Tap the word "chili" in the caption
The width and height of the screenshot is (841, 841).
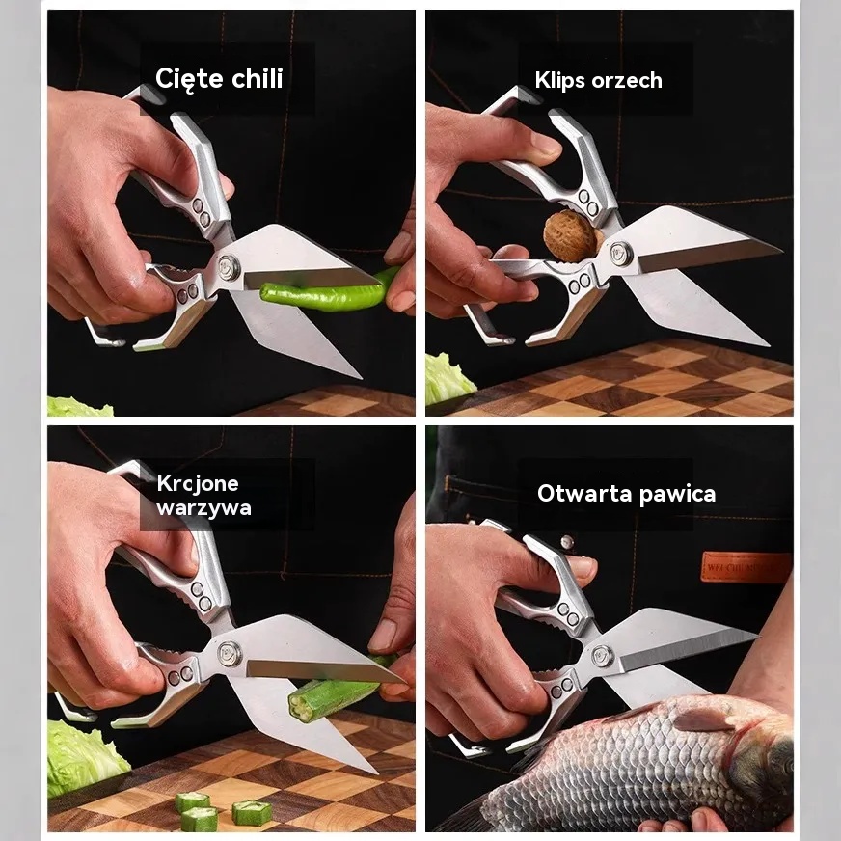pos(257,78)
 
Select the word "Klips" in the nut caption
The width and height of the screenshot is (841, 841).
pos(560,80)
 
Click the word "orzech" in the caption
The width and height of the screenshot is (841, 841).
pos(627,80)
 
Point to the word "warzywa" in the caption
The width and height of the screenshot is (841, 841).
pos(203,508)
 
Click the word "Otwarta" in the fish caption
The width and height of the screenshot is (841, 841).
pos(584,494)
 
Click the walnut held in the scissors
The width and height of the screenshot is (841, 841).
pos(571,236)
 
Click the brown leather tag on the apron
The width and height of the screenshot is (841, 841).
pos(746,566)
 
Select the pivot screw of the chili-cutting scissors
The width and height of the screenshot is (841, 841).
pos(230,266)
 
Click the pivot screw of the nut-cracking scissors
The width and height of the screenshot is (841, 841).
pos(620,253)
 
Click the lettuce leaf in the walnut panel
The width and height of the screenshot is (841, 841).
pos(448,378)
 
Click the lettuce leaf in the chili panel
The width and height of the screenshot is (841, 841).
pos(79,406)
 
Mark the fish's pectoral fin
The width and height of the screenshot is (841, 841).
pos(704,718)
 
